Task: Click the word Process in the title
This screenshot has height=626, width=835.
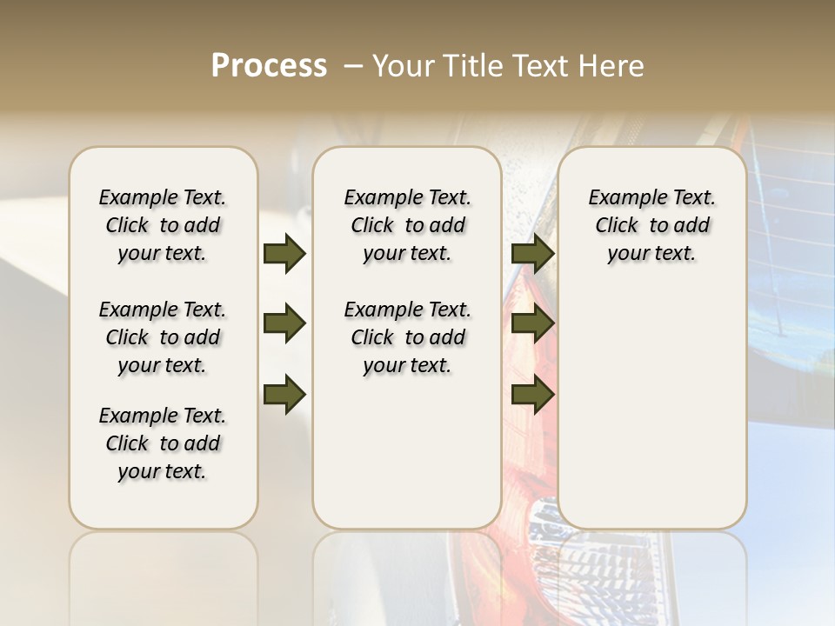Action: click(269, 65)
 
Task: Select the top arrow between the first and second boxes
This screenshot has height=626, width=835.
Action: click(284, 253)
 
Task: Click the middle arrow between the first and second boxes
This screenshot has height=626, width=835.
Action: click(284, 324)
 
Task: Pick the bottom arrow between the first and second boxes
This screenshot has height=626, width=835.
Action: click(284, 395)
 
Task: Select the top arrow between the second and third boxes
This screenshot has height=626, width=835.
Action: click(532, 253)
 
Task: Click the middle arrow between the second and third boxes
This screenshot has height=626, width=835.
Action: click(532, 324)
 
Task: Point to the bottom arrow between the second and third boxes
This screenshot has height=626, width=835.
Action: click(532, 395)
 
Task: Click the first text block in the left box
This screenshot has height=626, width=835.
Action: click(163, 225)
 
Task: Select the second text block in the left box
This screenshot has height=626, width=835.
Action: click(163, 337)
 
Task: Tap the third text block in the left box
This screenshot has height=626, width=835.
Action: click(163, 443)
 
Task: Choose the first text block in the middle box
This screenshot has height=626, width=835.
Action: click(407, 225)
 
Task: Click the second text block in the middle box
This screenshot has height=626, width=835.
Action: click(407, 337)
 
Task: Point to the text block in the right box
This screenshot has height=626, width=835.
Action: click(651, 225)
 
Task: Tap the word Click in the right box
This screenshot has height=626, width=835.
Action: click(617, 226)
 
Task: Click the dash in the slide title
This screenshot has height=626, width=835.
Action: click(352, 65)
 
